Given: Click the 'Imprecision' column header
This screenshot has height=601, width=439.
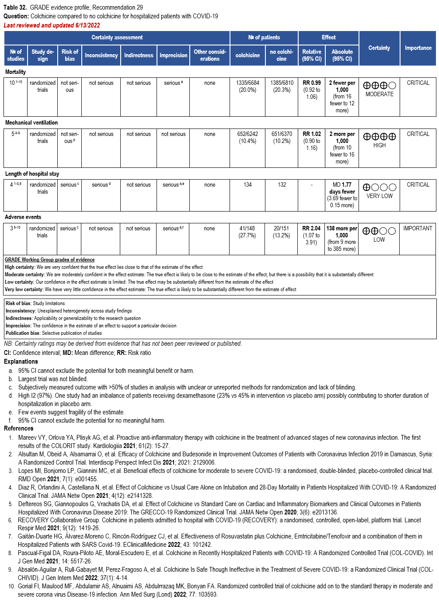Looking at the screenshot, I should tap(173, 56).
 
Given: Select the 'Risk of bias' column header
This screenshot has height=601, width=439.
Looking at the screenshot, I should tap(70, 55).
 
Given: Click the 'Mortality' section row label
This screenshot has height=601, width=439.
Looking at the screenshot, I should tap(15, 72).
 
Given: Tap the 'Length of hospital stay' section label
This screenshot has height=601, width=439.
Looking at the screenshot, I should tap(32, 174).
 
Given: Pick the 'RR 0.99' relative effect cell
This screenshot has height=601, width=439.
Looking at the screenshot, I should tap(312, 83).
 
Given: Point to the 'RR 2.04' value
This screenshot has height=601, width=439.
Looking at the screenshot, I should tap(311, 229).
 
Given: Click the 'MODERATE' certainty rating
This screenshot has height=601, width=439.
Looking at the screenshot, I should tap(380, 94).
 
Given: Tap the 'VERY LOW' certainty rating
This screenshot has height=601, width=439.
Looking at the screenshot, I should tap(380, 196).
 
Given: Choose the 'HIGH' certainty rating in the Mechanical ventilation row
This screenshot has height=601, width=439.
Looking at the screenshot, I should tap(380, 145).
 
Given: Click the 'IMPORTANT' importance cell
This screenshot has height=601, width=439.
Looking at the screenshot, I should tap(418, 229).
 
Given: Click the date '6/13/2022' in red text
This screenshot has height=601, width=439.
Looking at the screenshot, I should tap(87, 25).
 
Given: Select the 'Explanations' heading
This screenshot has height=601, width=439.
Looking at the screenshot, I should tap(21, 361).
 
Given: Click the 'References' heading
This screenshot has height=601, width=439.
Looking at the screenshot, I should tap(19, 428).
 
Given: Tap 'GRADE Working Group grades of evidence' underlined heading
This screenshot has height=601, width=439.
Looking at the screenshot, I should tap(49, 260).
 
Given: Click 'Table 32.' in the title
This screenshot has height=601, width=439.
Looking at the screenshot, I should tap(16, 7).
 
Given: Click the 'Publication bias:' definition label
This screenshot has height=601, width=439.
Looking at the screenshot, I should tap(23, 333).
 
